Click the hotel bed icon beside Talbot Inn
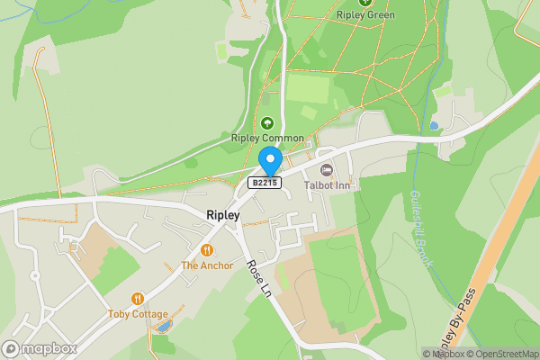tap(326, 169)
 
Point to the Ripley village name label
tap(223, 215)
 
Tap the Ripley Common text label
tap(266, 139)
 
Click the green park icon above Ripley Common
tap(266, 123)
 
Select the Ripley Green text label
tap(365, 15)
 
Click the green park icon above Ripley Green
tap(365, 3)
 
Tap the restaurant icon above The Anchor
tap(207, 250)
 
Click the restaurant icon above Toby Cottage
tap(138, 299)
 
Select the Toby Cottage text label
tap(138, 314)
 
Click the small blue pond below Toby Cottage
tap(162, 327)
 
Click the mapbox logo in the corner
tap(39, 348)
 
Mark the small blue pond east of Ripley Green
tap(434, 125)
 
